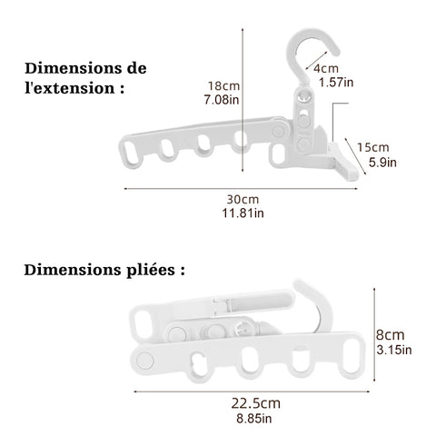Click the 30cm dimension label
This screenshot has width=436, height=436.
pyautogui.click(x=243, y=200)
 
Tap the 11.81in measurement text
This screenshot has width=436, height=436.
pyautogui.click(x=243, y=213)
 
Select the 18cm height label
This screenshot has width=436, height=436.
pyautogui.click(x=223, y=86)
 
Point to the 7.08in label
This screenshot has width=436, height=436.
pyautogui.click(x=222, y=100)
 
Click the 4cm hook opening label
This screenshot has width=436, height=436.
pyautogui.click(x=326, y=69)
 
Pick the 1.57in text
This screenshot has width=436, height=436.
pyautogui.click(x=336, y=83)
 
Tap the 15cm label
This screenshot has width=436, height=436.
pyautogui.click(x=373, y=147)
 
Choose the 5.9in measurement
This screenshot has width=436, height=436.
pyautogui.click(x=382, y=163)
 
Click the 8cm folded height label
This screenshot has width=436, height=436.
pyautogui.click(x=391, y=335)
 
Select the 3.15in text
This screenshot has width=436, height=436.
pyautogui.click(x=394, y=350)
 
